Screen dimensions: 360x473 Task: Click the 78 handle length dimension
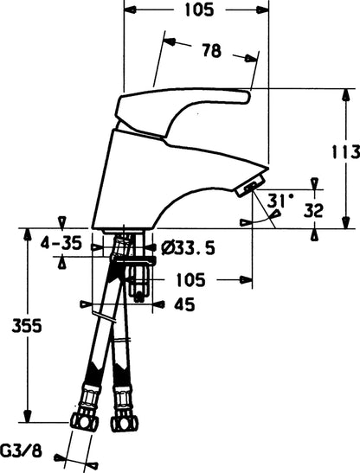(x=212, y=50)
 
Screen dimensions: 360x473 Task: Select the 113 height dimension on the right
(x=346, y=152)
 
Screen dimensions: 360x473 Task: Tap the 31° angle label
(x=280, y=201)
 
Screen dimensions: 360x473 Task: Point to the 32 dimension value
(x=313, y=210)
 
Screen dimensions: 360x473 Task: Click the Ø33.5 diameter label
(x=188, y=248)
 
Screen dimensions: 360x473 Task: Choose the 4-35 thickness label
(x=61, y=243)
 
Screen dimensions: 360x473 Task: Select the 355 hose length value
(x=27, y=326)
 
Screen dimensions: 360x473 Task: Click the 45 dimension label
(x=184, y=305)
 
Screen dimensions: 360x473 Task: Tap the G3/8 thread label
(x=21, y=451)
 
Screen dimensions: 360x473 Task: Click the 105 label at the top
(x=199, y=10)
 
